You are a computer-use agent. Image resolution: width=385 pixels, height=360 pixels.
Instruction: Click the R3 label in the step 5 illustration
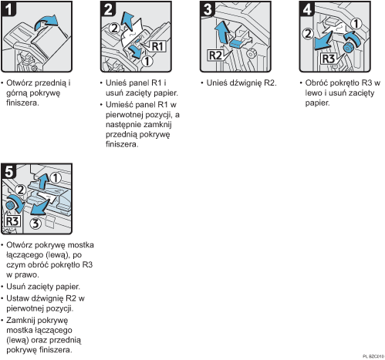click(x=13, y=221)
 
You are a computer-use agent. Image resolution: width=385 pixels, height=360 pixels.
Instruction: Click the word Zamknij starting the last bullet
click(x=23, y=318)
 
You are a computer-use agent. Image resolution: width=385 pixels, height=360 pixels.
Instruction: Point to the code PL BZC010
click(x=371, y=356)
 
